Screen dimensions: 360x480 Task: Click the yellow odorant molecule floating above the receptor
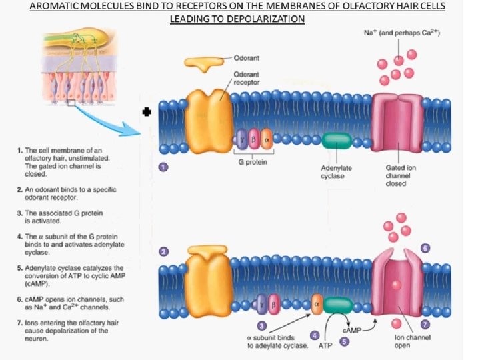coord(204,62)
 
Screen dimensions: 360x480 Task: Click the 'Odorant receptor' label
coord(247,78)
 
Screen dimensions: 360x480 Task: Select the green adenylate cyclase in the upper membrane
coord(337,141)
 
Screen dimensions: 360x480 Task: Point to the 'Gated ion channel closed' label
coord(401,175)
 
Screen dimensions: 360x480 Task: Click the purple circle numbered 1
coord(163,167)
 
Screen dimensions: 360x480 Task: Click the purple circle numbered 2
coord(163,252)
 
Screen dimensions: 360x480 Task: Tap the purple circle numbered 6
coord(425,248)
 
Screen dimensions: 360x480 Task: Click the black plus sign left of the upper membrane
coord(147,113)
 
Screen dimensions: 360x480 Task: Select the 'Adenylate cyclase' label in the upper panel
coord(337,171)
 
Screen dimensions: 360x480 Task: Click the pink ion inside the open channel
coord(396,285)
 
